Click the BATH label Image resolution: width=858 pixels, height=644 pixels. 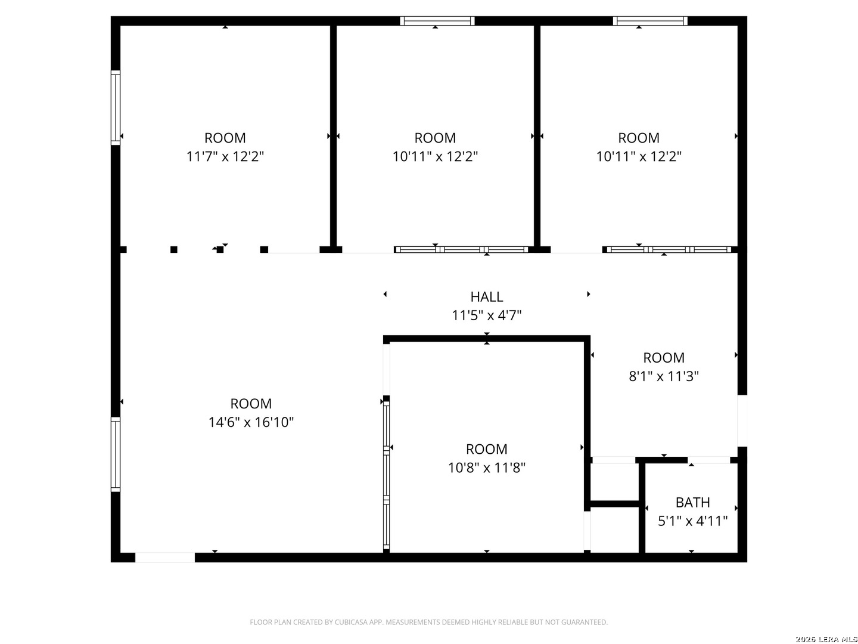point(692,502)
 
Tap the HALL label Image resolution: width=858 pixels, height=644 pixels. point(487,296)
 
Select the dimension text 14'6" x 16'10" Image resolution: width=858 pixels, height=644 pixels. point(251,422)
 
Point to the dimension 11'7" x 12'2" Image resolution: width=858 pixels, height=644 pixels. point(225,156)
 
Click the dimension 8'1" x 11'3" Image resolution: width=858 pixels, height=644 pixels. point(664,376)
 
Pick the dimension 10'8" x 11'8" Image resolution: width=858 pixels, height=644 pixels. point(487,467)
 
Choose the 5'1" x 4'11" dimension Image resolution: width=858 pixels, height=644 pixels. point(692,521)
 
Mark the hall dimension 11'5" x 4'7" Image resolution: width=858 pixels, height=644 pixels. point(487,315)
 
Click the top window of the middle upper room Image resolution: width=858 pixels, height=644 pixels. point(437,21)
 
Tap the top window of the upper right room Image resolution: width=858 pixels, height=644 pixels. point(650,21)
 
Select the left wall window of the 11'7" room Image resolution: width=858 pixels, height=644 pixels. point(116,107)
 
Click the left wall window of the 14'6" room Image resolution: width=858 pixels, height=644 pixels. point(116,454)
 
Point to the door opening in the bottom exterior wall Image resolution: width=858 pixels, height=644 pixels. point(165,558)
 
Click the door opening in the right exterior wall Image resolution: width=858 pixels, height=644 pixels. point(742,420)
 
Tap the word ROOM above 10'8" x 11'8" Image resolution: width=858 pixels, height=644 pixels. point(487,449)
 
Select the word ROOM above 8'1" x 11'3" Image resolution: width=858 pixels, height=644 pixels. point(664,358)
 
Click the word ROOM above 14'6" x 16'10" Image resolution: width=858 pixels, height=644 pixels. point(251,404)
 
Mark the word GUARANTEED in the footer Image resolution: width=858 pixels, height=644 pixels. point(587,623)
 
